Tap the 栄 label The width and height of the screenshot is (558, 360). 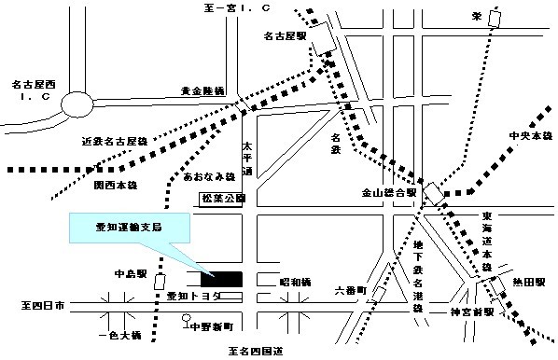tap(476, 15)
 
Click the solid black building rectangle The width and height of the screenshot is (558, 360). tap(220, 278)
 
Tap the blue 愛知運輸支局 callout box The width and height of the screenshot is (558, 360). tap(130, 228)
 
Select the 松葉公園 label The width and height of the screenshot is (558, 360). tap(223, 199)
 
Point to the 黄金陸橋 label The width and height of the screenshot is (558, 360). tap(203, 91)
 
